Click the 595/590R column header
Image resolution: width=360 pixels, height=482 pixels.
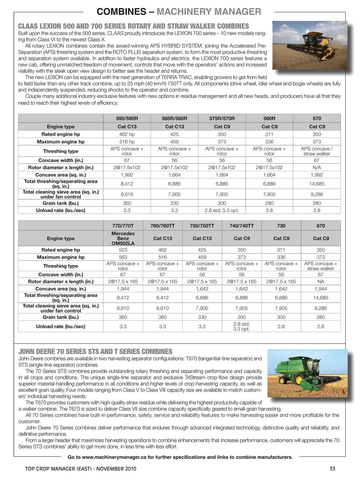pyautogui.click(x=127, y=118)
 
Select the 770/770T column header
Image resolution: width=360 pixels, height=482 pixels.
pyautogui.click(x=123, y=226)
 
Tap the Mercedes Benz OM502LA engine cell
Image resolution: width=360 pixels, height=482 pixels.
pyautogui.click(x=123, y=238)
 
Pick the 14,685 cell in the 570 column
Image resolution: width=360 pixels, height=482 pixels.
pyautogui.click(x=317, y=184)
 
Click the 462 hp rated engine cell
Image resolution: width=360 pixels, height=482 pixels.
pyautogui.click(x=127, y=134)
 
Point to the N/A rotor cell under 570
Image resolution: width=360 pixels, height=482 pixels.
pyautogui.click(x=317, y=167)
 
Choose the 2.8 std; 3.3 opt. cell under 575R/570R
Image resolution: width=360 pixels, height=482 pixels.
pyautogui.click(x=222, y=211)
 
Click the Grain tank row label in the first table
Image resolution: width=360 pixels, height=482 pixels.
pyautogui.click(x=61, y=203)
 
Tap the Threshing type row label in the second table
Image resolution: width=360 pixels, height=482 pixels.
pyautogui.click(x=61, y=266)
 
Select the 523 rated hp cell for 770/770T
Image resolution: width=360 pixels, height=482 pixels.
pyautogui.click(x=123, y=250)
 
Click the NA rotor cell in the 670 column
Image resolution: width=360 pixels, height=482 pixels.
pyautogui.click(x=321, y=282)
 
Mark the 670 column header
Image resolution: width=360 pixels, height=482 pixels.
pyautogui.click(x=321, y=226)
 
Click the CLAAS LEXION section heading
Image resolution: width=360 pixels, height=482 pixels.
pyautogui.click(x=133, y=26)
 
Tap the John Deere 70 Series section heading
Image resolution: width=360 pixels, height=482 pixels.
pyautogui.click(x=95, y=352)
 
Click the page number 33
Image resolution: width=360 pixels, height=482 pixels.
pyautogui.click(x=332, y=468)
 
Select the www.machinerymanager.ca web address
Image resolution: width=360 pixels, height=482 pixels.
pyautogui.click(x=114, y=457)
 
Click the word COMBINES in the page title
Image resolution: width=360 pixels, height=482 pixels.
pyautogui.click(x=121, y=12)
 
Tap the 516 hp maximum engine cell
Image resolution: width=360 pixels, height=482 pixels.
pyautogui.click(x=127, y=142)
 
